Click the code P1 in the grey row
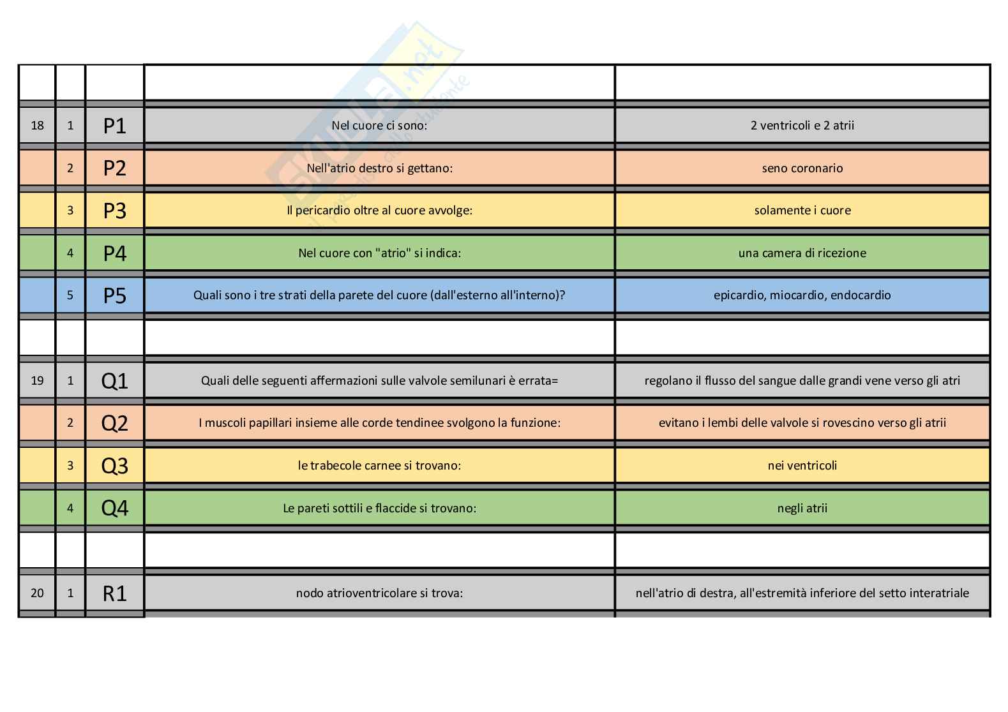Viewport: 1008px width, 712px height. (x=115, y=126)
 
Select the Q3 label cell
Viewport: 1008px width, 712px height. (x=115, y=466)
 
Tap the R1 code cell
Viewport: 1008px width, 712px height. (x=115, y=593)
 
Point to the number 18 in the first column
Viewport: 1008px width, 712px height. (x=38, y=126)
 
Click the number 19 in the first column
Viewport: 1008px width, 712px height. (x=38, y=381)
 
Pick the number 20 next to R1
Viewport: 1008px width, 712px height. (x=38, y=593)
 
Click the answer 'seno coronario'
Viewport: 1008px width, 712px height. (x=802, y=168)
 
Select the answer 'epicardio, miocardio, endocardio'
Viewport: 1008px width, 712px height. (x=802, y=295)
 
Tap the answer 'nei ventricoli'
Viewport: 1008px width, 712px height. (x=802, y=466)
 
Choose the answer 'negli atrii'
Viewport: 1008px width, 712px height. (x=802, y=508)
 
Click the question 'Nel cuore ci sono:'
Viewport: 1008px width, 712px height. (x=379, y=126)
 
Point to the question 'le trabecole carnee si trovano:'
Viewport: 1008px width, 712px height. (x=379, y=466)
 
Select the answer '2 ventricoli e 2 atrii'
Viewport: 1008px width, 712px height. (x=802, y=126)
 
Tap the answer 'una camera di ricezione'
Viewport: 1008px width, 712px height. (x=802, y=253)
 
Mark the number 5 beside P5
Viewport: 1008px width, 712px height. (x=70, y=295)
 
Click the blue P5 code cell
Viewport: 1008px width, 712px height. (x=115, y=295)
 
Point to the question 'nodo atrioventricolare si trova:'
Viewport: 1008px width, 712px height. (x=379, y=593)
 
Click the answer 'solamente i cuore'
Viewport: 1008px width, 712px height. (x=802, y=211)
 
